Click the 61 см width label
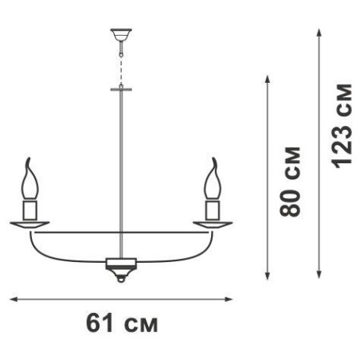(122, 323)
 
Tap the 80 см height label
(290, 182)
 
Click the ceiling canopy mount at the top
(121, 35)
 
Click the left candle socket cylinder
(29, 210)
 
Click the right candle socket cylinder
(213, 210)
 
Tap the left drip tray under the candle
(29, 225)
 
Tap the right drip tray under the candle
(213, 225)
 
